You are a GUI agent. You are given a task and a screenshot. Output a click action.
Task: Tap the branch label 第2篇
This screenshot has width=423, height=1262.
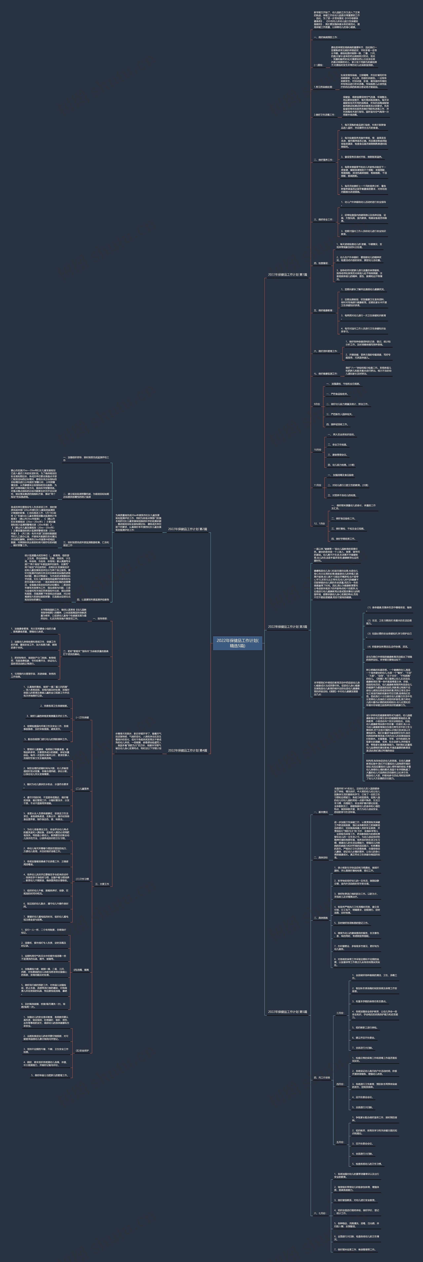[x=188, y=529]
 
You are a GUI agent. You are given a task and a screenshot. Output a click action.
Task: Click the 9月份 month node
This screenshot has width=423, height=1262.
[x=317, y=404]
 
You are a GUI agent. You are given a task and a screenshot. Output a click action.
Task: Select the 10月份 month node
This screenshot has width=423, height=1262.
[x=317, y=450]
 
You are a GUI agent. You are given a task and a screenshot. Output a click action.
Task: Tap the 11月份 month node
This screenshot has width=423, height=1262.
[x=317, y=485]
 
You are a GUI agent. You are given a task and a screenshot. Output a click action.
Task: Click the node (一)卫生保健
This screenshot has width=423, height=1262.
[x=82, y=717]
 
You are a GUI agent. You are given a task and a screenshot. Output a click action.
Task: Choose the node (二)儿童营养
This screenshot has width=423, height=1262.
[x=82, y=789]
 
